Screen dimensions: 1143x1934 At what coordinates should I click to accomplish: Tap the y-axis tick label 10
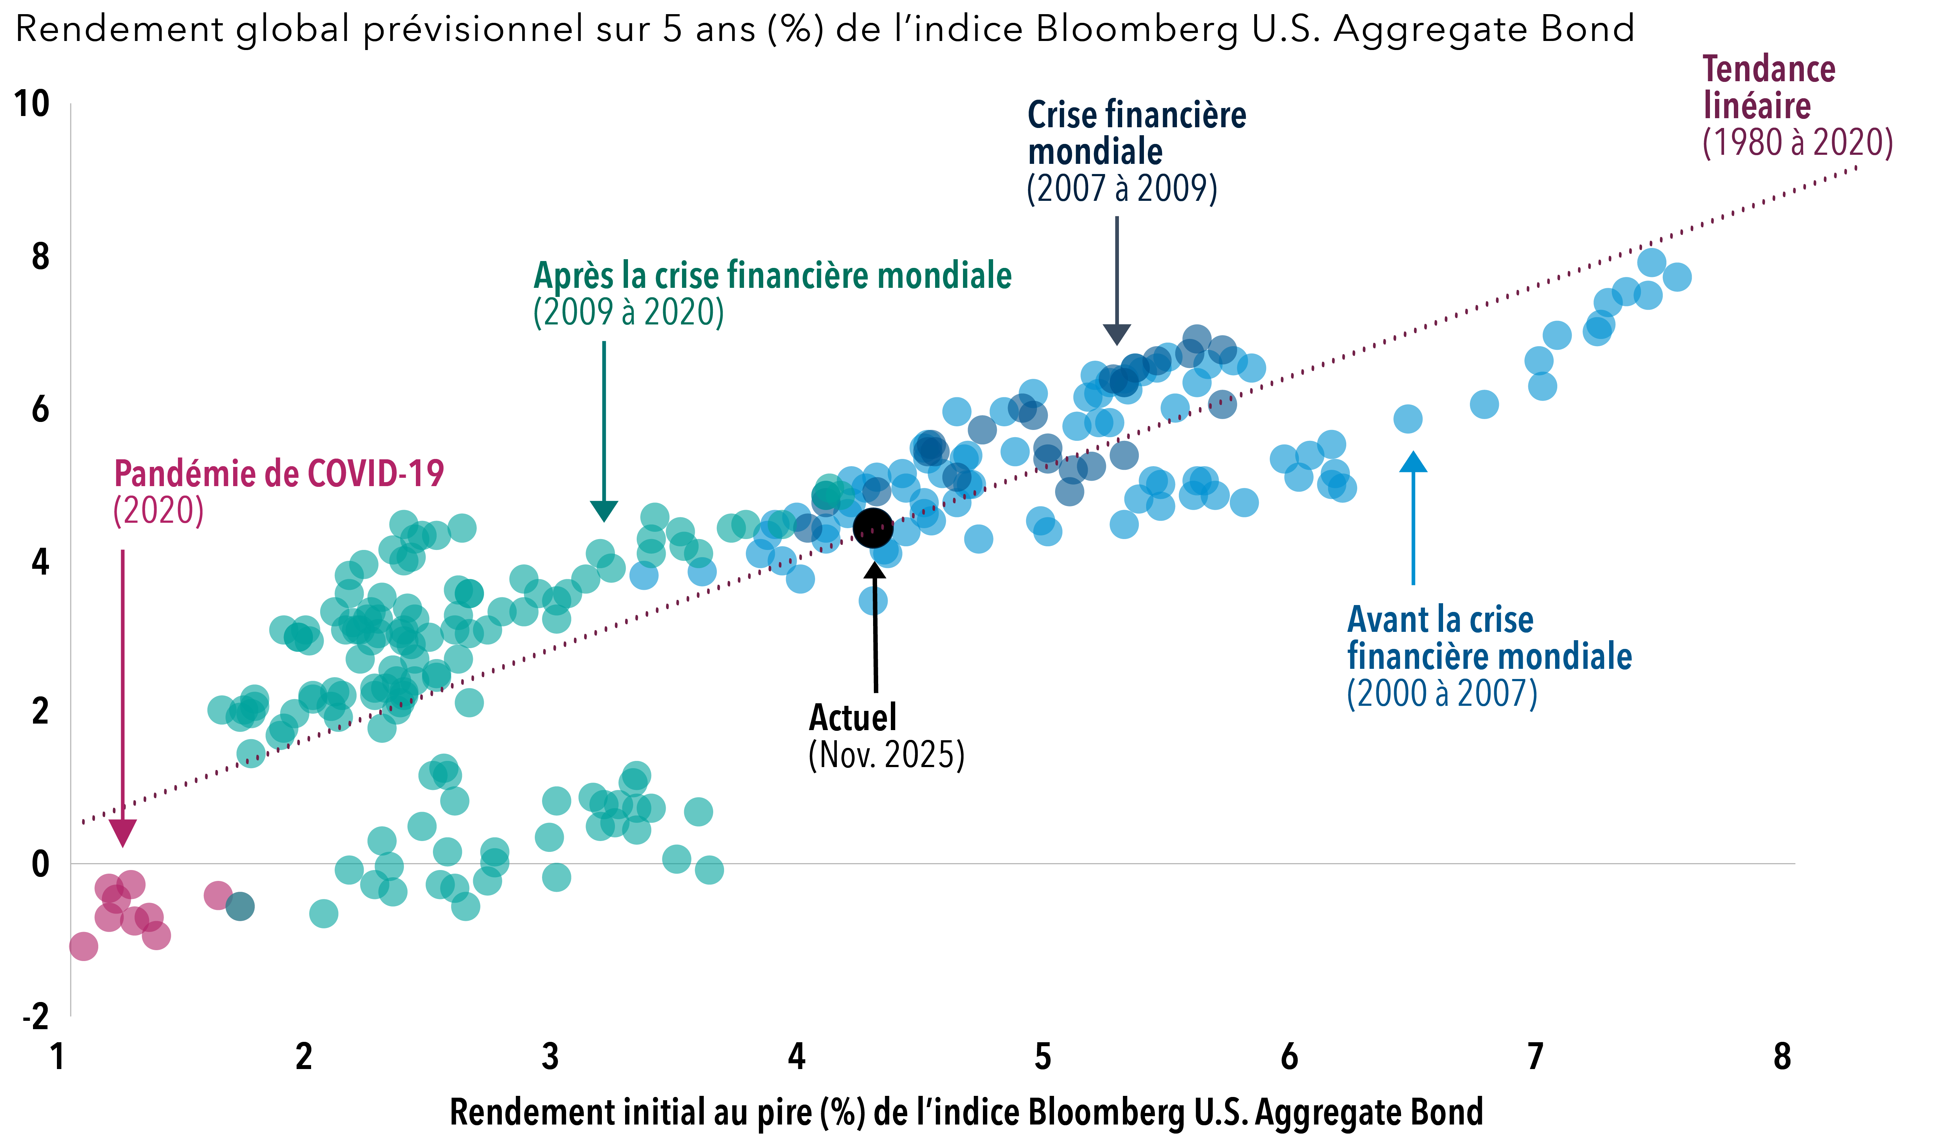(32, 104)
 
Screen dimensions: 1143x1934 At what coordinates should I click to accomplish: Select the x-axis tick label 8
(1781, 1057)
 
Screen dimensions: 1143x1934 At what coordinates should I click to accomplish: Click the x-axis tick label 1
(57, 1057)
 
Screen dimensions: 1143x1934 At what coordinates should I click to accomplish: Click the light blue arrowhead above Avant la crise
(1413, 462)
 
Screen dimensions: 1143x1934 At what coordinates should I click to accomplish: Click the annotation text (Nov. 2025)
(886, 755)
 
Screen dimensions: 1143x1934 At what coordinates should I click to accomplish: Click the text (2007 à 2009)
(1121, 189)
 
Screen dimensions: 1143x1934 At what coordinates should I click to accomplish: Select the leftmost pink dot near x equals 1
(83, 946)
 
